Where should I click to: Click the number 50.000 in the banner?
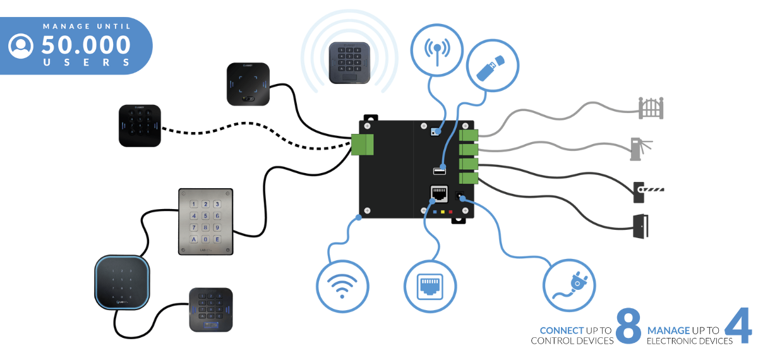click(87, 45)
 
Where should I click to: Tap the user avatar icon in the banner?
click(21, 45)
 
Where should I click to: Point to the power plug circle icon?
click(569, 285)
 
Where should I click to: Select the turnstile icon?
click(641, 148)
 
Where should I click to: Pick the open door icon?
click(641, 226)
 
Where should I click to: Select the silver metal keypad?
click(206, 221)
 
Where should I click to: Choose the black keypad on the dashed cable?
click(140, 126)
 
